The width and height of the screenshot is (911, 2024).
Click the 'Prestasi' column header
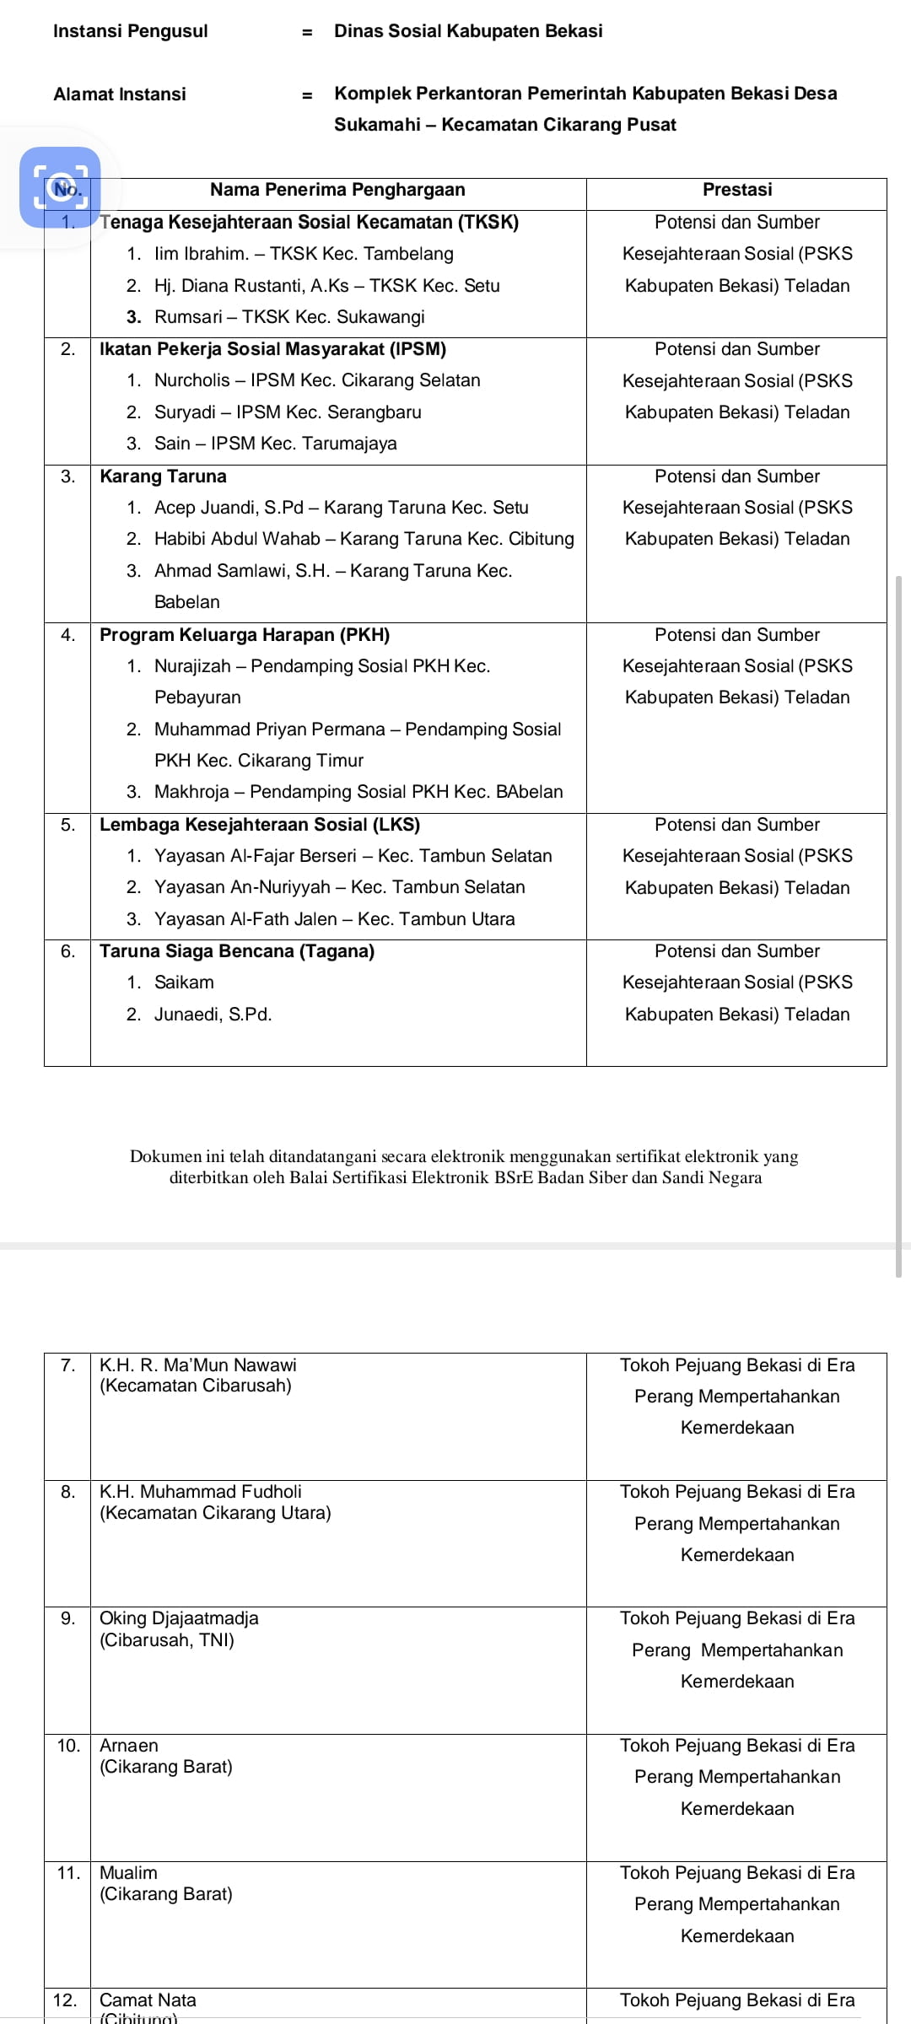click(x=736, y=190)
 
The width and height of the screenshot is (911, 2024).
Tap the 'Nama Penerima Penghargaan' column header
click(x=337, y=190)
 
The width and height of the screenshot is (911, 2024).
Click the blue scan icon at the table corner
click(x=60, y=187)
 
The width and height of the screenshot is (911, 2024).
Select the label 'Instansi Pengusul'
click(x=130, y=31)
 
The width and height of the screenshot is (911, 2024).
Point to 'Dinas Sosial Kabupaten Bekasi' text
click(x=468, y=31)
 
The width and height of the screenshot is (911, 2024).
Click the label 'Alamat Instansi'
click(x=120, y=94)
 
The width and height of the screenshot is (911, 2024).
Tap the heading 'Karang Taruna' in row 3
click(x=163, y=476)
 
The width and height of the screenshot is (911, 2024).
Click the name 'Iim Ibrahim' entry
click(x=304, y=254)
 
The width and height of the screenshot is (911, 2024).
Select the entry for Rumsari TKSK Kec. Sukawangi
click(x=289, y=317)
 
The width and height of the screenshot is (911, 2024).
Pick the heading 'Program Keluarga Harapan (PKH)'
click(x=245, y=635)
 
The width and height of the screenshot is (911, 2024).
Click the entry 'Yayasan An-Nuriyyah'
click(x=339, y=887)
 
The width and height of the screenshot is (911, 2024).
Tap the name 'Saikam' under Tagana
click(x=184, y=982)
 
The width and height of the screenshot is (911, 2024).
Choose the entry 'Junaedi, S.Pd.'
click(x=213, y=1015)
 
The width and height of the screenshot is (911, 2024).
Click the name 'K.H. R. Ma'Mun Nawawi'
click(x=198, y=1365)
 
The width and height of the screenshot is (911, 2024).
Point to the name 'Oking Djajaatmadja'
click(x=179, y=1618)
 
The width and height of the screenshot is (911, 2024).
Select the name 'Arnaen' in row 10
click(x=129, y=1746)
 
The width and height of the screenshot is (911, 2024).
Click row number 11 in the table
click(x=67, y=1873)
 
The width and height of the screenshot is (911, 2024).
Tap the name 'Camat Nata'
click(x=148, y=2000)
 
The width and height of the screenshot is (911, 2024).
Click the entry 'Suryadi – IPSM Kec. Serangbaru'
click(x=287, y=412)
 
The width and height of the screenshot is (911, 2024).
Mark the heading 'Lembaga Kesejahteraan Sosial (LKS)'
click(x=260, y=825)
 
